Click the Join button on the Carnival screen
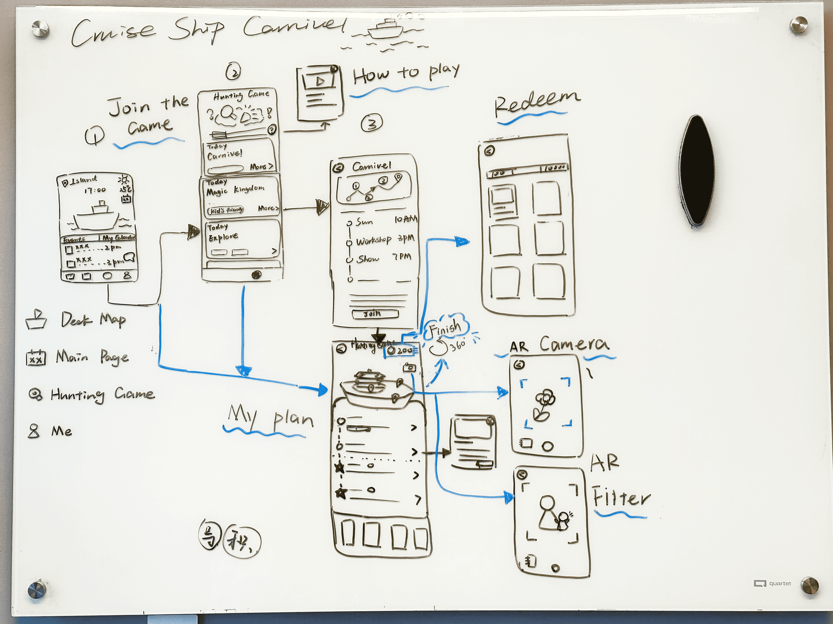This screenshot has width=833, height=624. click(x=375, y=313)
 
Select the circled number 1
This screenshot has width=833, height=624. click(x=94, y=135)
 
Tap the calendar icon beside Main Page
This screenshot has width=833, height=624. click(x=36, y=357)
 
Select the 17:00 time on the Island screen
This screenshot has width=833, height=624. click(x=95, y=190)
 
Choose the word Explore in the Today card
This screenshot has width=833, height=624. click(x=223, y=237)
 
